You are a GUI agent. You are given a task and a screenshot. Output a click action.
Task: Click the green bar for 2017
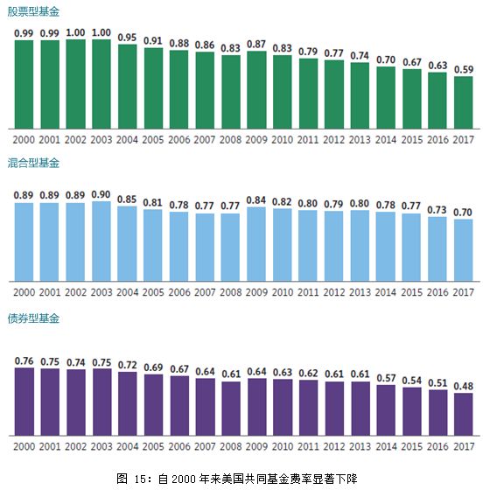point(464,101)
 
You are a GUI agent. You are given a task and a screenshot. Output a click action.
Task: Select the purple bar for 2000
point(24,401)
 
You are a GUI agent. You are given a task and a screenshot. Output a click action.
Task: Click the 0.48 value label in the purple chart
point(464,386)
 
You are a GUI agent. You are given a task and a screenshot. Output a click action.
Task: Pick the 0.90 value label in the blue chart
point(101,194)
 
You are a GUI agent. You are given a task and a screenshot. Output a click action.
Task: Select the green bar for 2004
point(128,85)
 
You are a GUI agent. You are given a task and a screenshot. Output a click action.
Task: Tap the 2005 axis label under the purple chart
point(153,444)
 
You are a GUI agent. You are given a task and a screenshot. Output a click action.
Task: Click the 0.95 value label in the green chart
point(128,38)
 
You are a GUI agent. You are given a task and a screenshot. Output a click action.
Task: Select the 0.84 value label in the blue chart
point(256,199)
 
